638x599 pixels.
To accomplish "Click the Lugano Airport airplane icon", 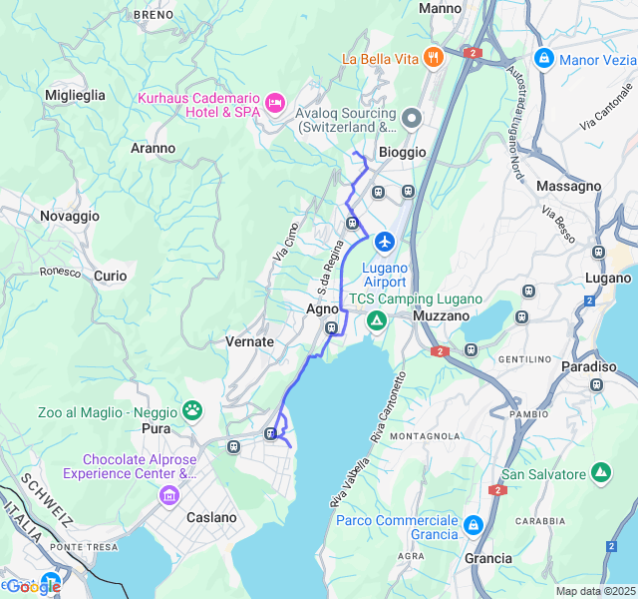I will (385, 242).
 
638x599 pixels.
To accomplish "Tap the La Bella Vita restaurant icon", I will (433, 58).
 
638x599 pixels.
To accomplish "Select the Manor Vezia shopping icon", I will (543, 59).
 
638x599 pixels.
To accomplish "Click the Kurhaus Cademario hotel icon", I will (275, 103).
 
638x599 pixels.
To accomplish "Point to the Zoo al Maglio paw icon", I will (191, 410).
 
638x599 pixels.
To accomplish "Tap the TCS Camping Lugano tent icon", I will (376, 320).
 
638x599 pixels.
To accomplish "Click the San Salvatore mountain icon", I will (601, 472).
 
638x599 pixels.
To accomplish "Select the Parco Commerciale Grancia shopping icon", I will (473, 524).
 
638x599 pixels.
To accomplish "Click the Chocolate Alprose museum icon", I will (167, 495).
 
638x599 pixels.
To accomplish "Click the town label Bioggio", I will (402, 152).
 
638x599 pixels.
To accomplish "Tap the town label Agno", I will (322, 309).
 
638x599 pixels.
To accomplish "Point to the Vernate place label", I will (249, 341).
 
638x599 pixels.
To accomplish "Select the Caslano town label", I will (212, 517).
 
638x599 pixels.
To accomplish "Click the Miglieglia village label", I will (75, 95).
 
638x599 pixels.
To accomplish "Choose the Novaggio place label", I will (70, 216).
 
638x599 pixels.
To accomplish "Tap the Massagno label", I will (568, 186).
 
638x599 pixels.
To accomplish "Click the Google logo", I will (32, 587).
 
